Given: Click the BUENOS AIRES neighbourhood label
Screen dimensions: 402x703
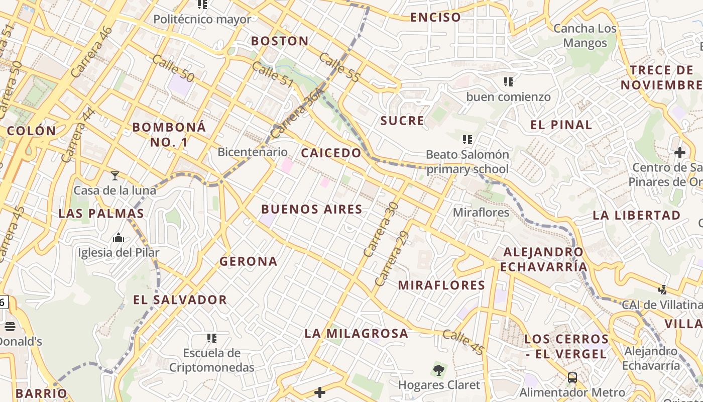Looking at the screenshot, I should point(312,210).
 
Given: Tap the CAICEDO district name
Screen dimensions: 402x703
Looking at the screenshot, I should point(331,153).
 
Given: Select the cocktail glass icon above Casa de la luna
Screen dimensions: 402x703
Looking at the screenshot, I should point(115,176).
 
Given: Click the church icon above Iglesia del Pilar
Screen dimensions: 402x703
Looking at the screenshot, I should point(119,238).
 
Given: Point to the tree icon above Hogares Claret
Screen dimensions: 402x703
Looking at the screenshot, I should point(439,371).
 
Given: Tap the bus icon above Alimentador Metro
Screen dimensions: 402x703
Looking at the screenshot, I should point(572,378).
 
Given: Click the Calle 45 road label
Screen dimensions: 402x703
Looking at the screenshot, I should point(463,342).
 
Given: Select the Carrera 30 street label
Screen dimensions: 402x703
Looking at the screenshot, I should point(381,230).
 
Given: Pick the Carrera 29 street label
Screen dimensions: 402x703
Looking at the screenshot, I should point(392,259).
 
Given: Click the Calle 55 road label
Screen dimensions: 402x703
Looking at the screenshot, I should point(339,68).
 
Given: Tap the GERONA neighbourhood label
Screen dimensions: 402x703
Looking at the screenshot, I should point(248,261).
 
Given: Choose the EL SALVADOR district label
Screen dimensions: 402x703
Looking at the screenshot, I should point(180,300).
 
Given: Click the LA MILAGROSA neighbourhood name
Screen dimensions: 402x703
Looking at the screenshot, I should point(356,333).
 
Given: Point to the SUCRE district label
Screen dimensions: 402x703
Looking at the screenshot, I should point(402,121).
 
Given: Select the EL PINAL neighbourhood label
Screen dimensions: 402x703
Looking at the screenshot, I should point(561,125).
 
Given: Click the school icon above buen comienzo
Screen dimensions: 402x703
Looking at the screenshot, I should point(509,81).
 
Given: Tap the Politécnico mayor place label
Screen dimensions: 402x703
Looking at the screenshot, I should point(202,20).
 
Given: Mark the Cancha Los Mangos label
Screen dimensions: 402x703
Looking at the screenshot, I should point(585,36).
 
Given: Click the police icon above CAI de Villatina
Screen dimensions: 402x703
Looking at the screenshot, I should point(662,289).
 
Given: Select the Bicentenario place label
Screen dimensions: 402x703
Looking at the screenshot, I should point(253,152).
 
